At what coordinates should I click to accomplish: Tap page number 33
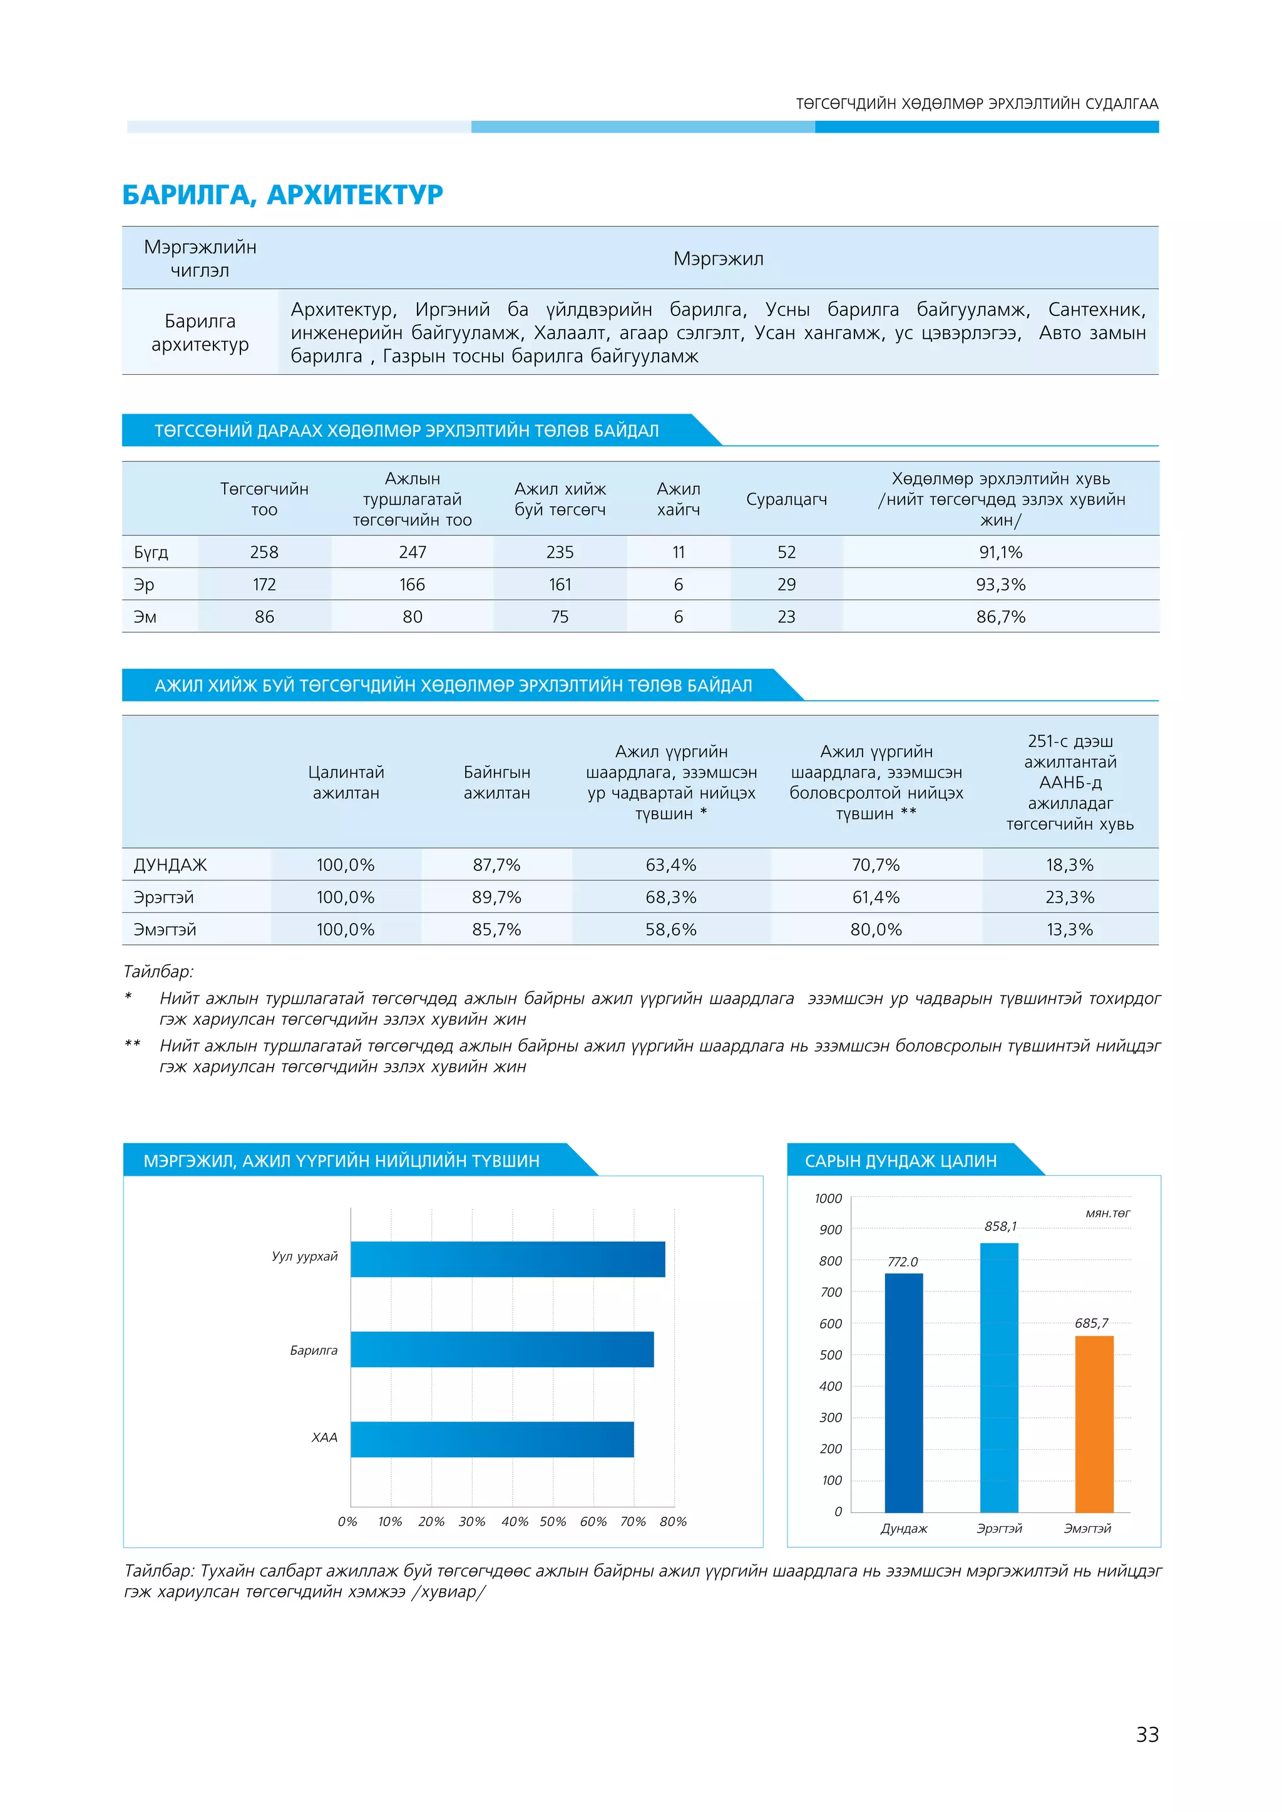1146,1734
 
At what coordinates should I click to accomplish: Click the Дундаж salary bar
903,1392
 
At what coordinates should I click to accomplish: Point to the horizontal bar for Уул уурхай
508,1259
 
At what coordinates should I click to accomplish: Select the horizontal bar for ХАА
492,1438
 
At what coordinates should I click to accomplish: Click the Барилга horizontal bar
502,1349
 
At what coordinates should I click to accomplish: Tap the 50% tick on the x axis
553,1521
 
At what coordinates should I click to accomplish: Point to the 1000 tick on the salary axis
828,1198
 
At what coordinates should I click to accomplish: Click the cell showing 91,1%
1000,552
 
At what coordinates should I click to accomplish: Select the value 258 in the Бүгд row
264,552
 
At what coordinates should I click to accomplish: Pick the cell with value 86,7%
1000,616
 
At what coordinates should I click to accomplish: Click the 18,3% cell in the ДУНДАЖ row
1070,864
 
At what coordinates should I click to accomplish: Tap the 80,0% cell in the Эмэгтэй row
876,929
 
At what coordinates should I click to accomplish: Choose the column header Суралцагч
786,499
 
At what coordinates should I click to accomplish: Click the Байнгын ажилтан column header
496,782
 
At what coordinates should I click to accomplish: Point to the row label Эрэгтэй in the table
163,897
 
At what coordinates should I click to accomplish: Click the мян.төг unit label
1107,1213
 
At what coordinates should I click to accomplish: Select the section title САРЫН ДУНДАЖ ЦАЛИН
901,1160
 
